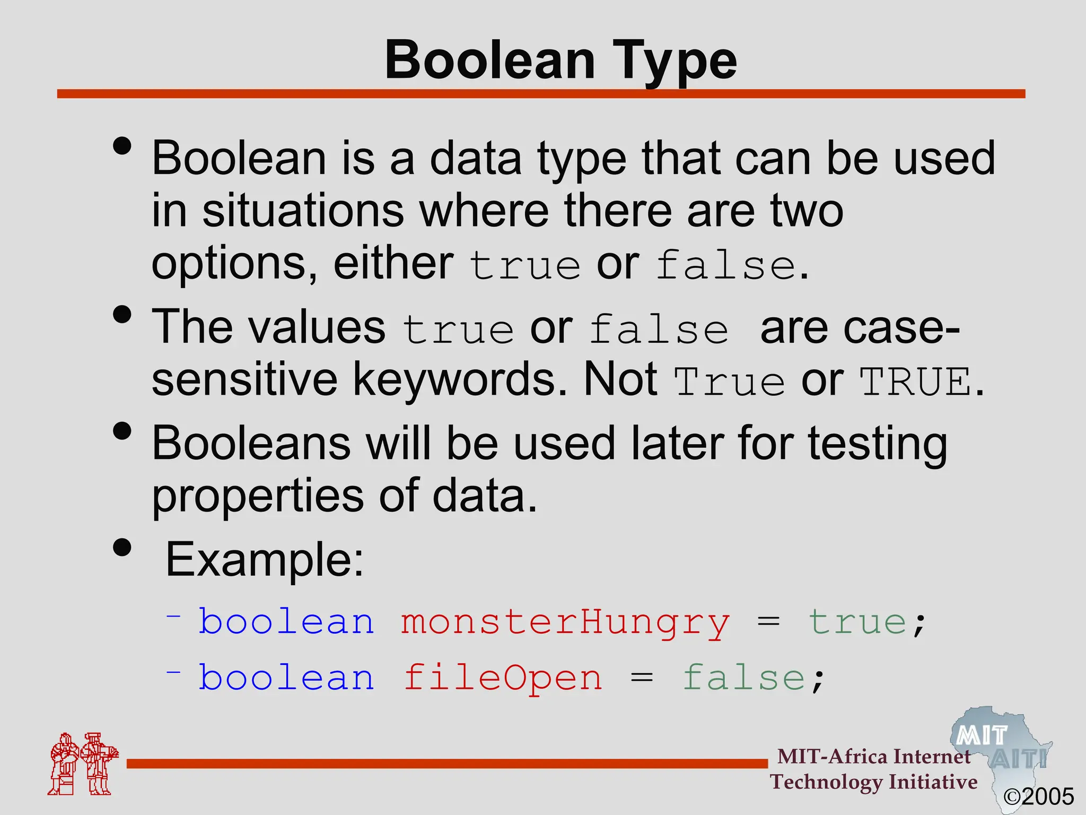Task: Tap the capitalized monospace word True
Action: coord(729,382)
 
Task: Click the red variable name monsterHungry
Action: coord(565,622)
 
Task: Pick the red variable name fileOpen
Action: coord(503,678)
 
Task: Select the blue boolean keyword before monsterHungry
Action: coord(286,622)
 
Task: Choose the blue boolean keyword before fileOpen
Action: coord(286,678)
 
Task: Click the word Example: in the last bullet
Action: coord(265,560)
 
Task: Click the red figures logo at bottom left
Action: coord(82,764)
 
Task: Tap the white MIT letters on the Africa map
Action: coord(982,736)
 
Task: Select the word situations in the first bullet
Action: coord(303,211)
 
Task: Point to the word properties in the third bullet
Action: coord(258,496)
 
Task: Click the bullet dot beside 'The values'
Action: coord(122,314)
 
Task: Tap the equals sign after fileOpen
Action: coord(642,679)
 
